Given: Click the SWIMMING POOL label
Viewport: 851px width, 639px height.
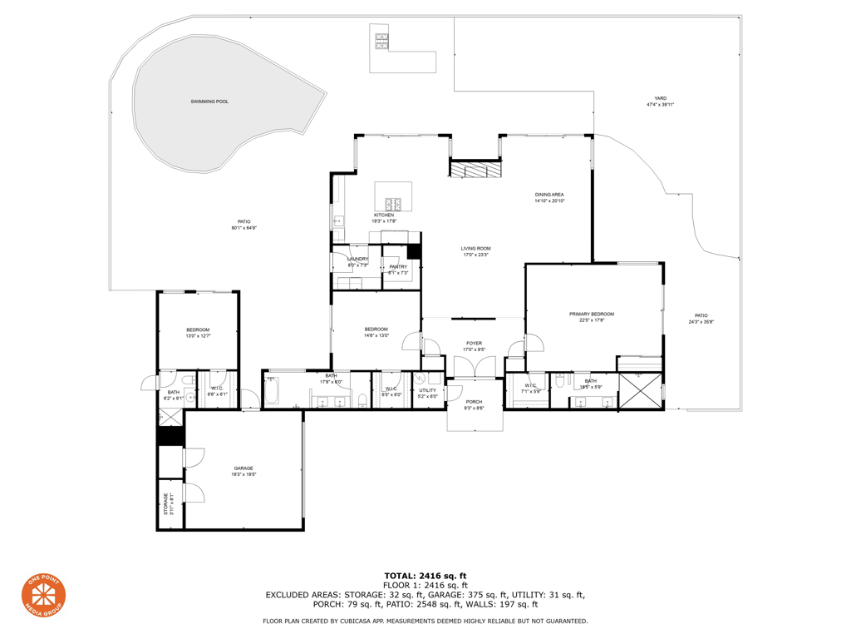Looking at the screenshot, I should [x=209, y=102].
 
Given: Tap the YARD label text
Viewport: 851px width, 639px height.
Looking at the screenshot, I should [x=660, y=98].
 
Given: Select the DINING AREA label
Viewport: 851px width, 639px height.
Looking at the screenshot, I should [x=549, y=195].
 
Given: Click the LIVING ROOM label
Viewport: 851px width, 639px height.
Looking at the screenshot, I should [x=476, y=248].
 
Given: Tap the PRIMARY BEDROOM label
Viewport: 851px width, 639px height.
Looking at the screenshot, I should [x=591, y=314].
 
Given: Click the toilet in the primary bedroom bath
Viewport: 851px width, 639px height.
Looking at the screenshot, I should [x=562, y=382].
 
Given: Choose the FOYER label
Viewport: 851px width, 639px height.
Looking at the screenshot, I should [x=474, y=343].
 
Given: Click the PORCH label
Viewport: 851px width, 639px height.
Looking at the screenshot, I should [x=474, y=402].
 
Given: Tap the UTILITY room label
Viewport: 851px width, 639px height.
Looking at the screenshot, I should [x=427, y=389].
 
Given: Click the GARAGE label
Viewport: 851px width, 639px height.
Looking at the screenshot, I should [x=243, y=468].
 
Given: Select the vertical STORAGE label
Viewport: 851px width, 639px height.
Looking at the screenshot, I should [x=165, y=504].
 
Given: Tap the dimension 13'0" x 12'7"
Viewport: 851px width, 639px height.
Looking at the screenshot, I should [x=198, y=336].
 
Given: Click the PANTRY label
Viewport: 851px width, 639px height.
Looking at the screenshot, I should [x=398, y=266].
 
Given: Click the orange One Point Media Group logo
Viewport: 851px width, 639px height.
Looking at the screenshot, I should [x=43, y=596].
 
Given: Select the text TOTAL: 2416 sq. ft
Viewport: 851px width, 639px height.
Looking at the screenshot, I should [x=425, y=575].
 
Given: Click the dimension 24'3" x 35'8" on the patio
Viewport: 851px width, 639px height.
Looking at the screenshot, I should [x=701, y=322].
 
